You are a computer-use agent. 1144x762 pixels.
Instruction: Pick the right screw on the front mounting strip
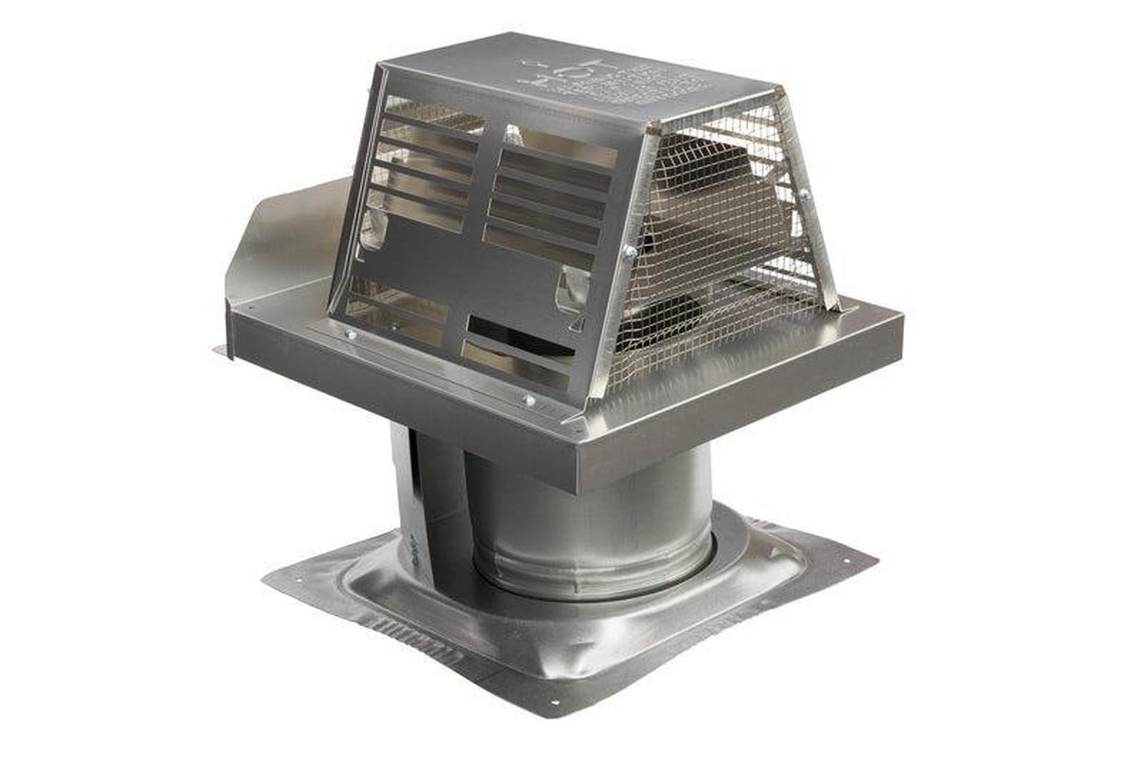point(528,401)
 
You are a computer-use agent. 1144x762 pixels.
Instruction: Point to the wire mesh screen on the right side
point(723,247)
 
